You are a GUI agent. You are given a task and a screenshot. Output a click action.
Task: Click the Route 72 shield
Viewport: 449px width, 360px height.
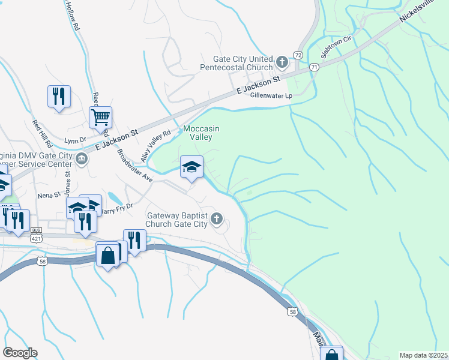click(298, 55)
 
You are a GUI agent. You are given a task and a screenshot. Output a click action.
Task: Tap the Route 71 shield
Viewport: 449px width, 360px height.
click(315, 68)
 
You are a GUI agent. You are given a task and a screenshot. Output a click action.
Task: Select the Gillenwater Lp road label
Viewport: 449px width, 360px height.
click(271, 95)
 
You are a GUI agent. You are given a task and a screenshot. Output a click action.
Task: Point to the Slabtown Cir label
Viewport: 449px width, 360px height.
click(336, 47)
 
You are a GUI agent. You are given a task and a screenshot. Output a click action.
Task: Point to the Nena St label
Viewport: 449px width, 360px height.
click(49, 194)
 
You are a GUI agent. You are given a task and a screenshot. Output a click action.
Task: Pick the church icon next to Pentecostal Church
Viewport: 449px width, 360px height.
click(282, 61)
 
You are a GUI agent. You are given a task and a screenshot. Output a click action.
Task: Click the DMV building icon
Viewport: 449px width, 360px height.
click(82, 158)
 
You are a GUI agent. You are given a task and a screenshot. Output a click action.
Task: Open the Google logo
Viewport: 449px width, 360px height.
click(20, 353)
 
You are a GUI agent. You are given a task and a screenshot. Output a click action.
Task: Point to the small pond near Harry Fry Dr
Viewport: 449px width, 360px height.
click(113, 197)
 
